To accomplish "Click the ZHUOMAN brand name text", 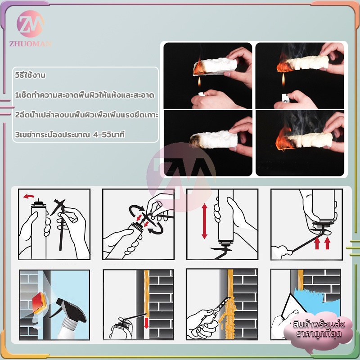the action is coord(30,44).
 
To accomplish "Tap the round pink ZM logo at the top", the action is coord(30,24).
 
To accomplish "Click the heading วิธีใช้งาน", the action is coord(30,75).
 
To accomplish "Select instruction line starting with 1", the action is coord(85,95).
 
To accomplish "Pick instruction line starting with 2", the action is coord(86,115).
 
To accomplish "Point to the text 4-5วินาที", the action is coord(109,135).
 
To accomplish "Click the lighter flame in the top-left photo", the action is coord(199,82).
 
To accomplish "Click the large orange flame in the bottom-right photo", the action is coord(284,139).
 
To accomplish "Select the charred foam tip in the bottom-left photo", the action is coord(195,140).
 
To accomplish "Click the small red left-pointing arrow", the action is coord(28,196).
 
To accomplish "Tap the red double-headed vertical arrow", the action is coord(204,221).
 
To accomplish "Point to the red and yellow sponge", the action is coord(40,303).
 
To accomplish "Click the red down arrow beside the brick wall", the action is coord(146,323).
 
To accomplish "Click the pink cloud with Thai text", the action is coord(318,329).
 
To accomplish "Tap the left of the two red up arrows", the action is coord(317,243).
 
